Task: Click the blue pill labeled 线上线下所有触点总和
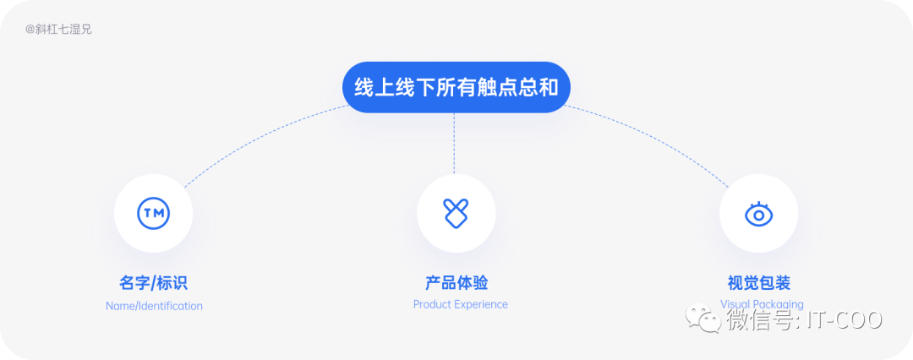tap(456, 87)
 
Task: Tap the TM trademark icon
tap(154, 213)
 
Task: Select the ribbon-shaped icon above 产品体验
tap(456, 213)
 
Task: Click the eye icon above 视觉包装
tap(758, 214)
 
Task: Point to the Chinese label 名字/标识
tap(153, 283)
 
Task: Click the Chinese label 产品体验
tap(456, 283)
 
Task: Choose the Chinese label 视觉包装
tap(758, 283)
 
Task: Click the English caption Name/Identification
tap(154, 306)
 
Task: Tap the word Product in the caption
tap(433, 304)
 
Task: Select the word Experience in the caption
tap(481, 304)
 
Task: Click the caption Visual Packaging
tap(762, 303)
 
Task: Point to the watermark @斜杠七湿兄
tap(58, 30)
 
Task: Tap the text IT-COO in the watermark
tap(845, 320)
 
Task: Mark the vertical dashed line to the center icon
tap(455, 144)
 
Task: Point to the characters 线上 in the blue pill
tap(374, 87)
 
